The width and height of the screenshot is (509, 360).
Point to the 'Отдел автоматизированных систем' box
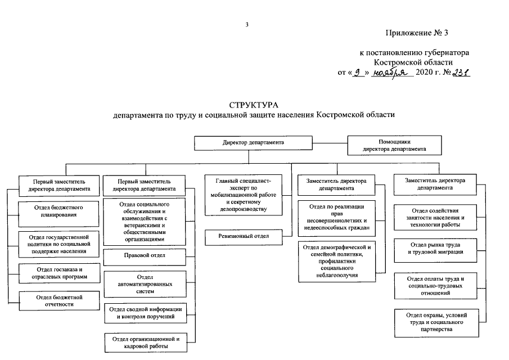tap(145, 284)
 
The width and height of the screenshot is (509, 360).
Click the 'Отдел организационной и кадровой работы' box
tap(145, 343)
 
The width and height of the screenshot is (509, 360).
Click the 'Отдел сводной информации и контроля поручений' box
tap(145, 313)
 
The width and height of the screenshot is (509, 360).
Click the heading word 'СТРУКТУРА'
tap(254, 105)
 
